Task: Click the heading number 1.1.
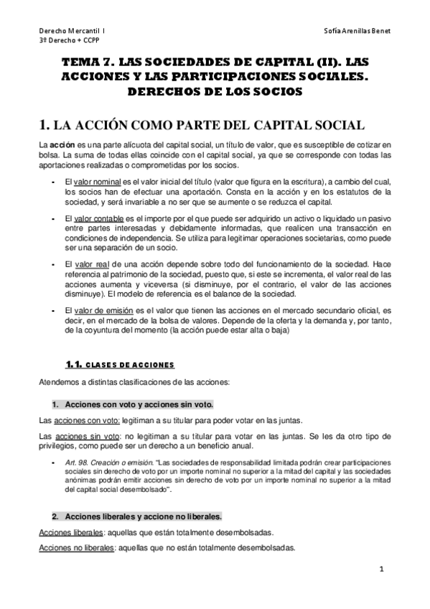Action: click(x=75, y=364)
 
